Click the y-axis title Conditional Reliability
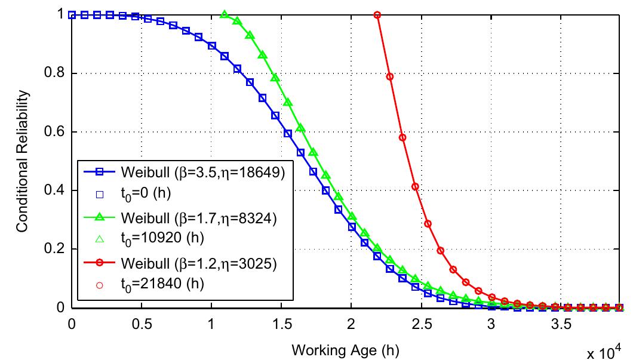click(22, 162)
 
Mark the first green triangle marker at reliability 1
click(225, 15)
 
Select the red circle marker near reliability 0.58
click(402, 138)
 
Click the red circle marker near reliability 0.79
click(390, 76)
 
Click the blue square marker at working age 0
click(72, 15)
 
